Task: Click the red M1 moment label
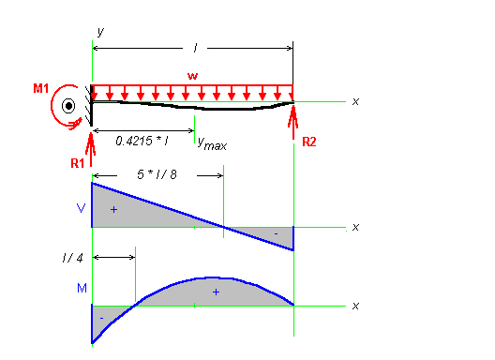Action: coord(41,88)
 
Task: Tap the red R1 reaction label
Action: coord(77,163)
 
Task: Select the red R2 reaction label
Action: coord(309,142)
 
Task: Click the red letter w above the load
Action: coord(192,76)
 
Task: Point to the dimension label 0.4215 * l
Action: coord(142,141)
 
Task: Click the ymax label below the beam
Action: coord(212,143)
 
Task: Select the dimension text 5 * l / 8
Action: coord(157,174)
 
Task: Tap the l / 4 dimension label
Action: coord(72,258)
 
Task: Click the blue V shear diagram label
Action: coord(82,208)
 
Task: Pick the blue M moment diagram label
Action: coord(82,288)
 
